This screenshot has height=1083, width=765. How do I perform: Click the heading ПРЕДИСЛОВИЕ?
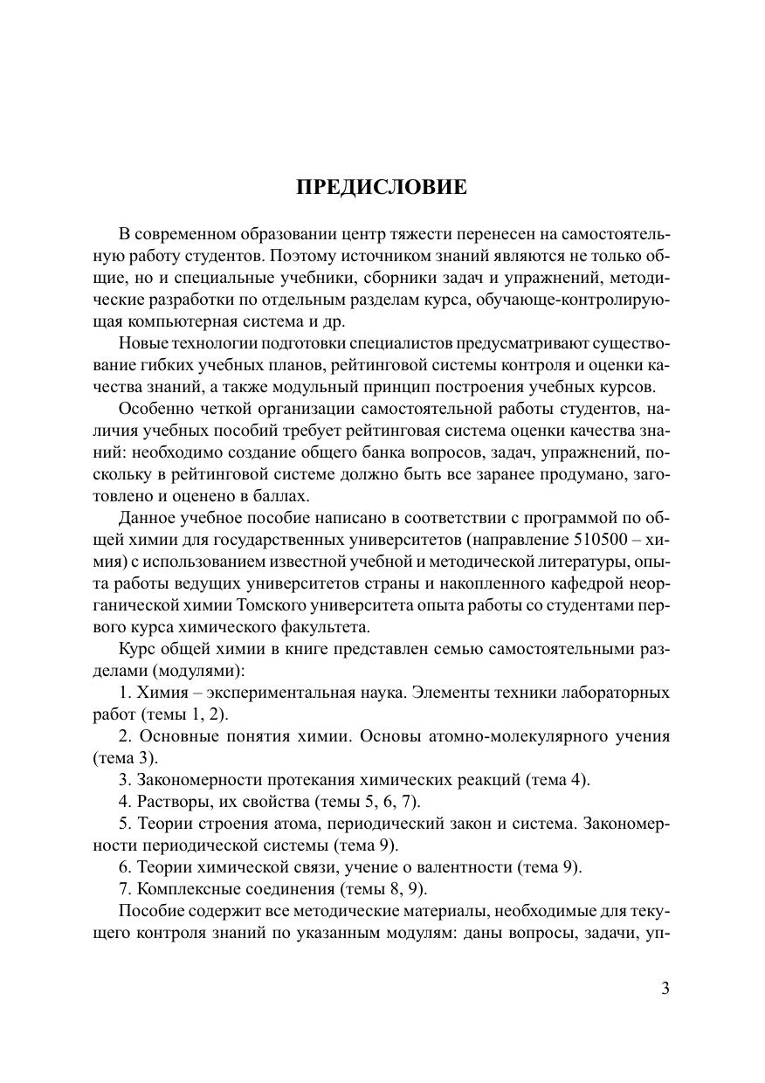click(382, 188)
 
